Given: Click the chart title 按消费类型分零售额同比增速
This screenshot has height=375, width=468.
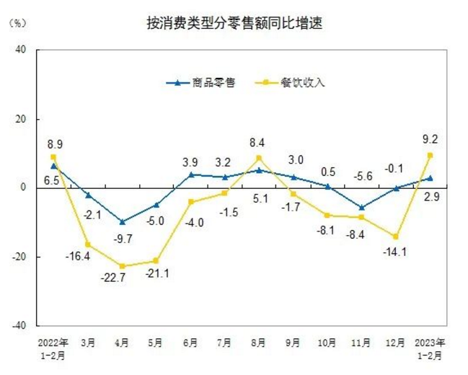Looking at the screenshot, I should [234, 24].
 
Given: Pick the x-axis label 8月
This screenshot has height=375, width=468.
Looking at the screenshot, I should [259, 341].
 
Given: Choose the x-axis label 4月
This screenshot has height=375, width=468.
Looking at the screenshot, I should [122, 341].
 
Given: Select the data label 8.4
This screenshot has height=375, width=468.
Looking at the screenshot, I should [259, 143].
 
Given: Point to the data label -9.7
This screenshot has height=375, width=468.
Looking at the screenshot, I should [122, 237].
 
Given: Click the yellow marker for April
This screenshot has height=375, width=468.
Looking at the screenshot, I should [122, 266].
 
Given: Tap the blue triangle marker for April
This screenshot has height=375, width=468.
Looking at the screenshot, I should [122, 221].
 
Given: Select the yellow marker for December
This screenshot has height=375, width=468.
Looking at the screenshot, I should [396, 237].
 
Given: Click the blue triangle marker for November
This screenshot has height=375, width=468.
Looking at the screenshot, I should [362, 207].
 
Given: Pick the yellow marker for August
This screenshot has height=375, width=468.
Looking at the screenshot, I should [259, 159].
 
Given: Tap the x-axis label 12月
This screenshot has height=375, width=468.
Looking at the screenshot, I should [396, 341].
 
